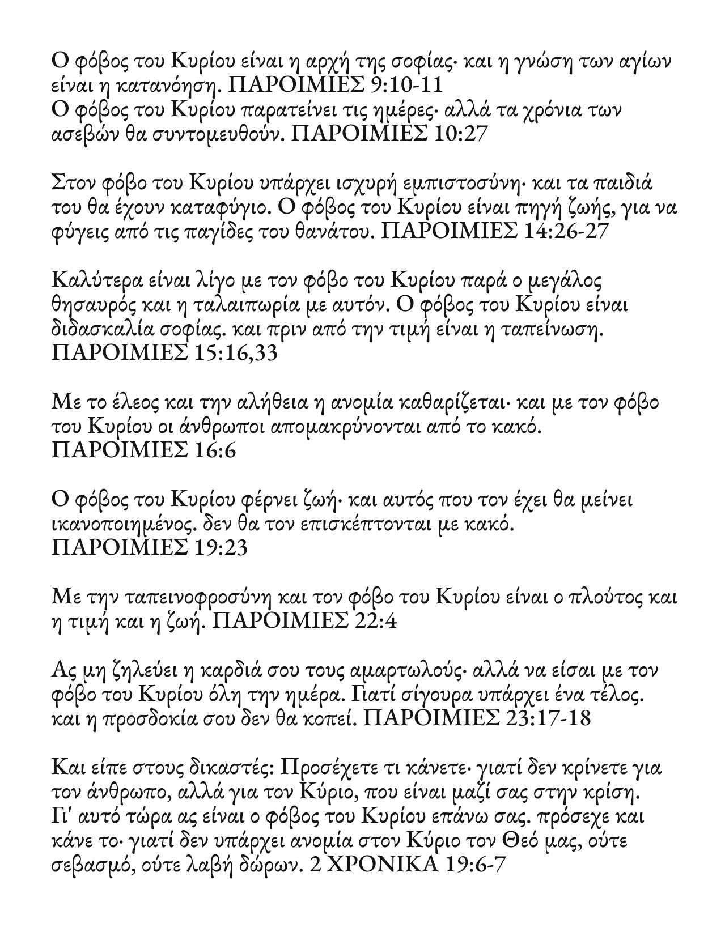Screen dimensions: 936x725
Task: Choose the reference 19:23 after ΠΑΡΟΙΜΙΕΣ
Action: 221,548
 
